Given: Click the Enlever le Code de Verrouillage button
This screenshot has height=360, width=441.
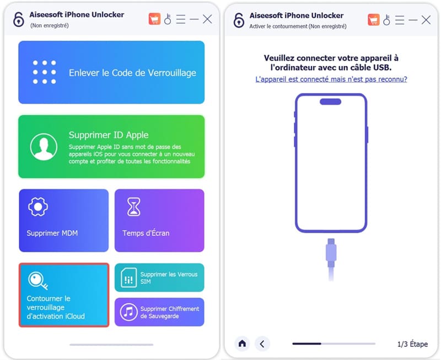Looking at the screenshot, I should click(111, 72).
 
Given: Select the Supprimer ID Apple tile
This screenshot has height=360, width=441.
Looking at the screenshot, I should click(111, 147).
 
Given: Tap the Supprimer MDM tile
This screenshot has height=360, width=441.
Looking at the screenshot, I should click(64, 220).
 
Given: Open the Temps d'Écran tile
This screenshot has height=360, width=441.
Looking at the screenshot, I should click(159, 220).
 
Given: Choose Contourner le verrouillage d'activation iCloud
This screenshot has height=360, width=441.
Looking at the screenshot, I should click(64, 295).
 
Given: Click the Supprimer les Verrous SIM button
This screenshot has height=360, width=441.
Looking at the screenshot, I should click(159, 277).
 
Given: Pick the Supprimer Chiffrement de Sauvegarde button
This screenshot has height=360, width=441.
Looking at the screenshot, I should click(159, 312).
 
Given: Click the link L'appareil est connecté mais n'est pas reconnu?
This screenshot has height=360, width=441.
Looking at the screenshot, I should click(331, 79).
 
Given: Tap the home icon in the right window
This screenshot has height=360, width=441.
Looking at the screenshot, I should click(242, 343).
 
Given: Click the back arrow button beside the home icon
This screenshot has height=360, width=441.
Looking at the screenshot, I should click(262, 343).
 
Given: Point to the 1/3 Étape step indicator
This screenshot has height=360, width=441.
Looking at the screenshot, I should click(412, 344).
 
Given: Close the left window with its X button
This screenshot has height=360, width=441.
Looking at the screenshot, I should click(207, 19).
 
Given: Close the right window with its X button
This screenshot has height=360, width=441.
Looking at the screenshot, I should click(426, 20).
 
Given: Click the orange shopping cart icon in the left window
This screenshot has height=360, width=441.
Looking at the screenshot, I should click(154, 19).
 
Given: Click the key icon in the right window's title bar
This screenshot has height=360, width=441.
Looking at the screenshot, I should click(386, 20).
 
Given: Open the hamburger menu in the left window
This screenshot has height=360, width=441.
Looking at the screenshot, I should click(181, 19).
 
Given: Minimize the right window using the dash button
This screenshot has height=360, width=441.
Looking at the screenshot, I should click(412, 20).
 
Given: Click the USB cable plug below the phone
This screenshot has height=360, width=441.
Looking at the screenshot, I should click(331, 251).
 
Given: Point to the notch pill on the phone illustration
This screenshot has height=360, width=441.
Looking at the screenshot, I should click(331, 101).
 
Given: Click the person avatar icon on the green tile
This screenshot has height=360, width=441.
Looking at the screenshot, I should click(44, 147).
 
